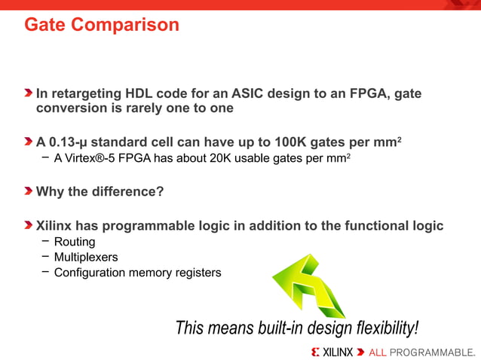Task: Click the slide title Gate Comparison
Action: click(101, 25)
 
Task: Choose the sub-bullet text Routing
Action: click(74, 242)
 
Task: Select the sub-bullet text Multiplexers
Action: click(85, 257)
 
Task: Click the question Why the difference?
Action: click(100, 191)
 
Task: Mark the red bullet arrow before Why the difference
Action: click(29, 191)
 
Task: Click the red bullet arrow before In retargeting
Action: click(29, 94)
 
